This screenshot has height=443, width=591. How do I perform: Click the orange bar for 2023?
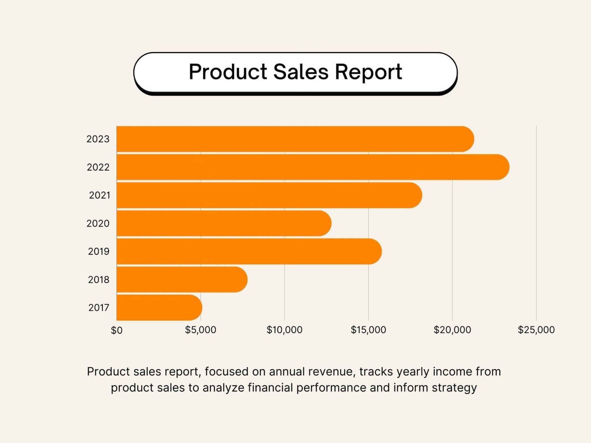[294, 139]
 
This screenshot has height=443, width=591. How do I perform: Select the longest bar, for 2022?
[312, 167]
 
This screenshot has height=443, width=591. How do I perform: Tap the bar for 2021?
[268, 195]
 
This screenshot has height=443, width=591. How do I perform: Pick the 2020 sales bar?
[224, 223]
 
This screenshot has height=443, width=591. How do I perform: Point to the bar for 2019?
[248, 251]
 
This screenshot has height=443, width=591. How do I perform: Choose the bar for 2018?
[182, 279]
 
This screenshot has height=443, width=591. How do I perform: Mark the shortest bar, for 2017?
[159, 307]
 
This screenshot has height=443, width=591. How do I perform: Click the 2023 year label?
[98, 139]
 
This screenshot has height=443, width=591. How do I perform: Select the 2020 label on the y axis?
[98, 223]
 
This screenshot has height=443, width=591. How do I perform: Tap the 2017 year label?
[99, 308]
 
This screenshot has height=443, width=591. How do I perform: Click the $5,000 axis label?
[201, 330]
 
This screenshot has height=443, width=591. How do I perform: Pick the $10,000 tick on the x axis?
[284, 330]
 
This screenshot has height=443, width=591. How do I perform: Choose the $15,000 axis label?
[368, 330]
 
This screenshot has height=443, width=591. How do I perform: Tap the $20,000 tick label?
[452, 330]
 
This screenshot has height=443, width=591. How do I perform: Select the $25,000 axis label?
[536, 330]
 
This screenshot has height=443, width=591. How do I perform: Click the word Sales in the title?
[301, 72]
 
